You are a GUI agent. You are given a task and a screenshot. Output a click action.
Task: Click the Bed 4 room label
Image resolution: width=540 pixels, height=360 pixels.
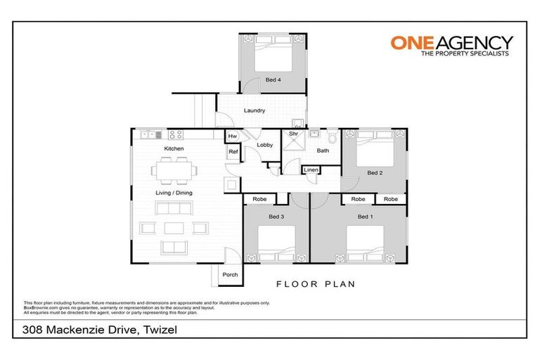[273, 80]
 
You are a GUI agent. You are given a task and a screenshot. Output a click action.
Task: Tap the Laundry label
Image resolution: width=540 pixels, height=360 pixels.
[254, 110]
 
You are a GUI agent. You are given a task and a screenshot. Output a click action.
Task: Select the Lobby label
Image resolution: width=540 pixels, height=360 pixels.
[264, 145]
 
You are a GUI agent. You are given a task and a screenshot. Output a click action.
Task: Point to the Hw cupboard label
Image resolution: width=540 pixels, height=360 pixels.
[233, 136]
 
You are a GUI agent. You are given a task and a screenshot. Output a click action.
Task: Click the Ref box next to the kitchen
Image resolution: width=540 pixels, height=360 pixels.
[233, 151]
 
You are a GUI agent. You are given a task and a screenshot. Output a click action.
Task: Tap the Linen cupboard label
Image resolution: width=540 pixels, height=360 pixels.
[311, 169]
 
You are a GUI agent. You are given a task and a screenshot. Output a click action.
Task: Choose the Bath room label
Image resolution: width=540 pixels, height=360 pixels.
[323, 150]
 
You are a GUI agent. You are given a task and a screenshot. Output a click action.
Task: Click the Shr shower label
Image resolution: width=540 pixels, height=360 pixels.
[293, 134]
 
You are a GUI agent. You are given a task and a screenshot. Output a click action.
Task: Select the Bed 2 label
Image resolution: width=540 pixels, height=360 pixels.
[375, 172]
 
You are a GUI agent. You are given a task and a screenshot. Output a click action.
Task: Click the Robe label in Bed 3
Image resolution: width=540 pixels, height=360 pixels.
[258, 199]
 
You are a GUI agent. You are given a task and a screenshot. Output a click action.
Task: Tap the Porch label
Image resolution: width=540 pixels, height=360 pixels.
[230, 274]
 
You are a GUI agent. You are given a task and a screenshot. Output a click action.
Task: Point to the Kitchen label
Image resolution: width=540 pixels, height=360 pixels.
[174, 149]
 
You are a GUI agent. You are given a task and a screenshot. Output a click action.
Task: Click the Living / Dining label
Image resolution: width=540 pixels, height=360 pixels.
[174, 193]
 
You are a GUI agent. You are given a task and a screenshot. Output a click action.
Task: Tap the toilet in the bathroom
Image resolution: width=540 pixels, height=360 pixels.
[333, 136]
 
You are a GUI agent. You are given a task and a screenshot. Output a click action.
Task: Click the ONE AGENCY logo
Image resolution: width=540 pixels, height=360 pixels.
[451, 46]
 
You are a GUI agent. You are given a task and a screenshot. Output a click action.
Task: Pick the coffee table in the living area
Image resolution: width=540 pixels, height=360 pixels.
[174, 227]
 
